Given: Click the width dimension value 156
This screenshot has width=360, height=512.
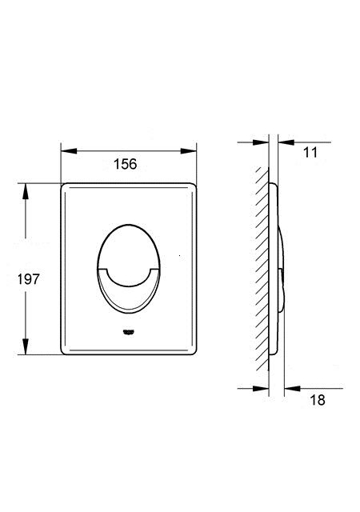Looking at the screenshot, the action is coord(125,164).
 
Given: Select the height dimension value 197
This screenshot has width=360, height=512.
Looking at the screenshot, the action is coord(29,279).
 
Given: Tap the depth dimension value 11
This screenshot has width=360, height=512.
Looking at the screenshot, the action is coord(310,153).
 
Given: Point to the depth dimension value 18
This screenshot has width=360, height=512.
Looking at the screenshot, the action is coord(318,400).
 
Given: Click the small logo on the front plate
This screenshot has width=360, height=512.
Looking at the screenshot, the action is coord(129,333).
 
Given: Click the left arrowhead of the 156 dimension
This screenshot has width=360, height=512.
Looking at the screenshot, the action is coord(69,151).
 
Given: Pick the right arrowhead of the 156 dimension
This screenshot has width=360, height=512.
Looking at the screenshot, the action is coord(189,151).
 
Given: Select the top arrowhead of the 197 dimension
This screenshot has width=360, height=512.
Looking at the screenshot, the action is coord(25,192).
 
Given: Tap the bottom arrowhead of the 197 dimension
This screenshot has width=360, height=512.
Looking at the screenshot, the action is coord(25,346).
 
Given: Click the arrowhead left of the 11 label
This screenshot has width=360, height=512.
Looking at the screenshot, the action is coord(286,142).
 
